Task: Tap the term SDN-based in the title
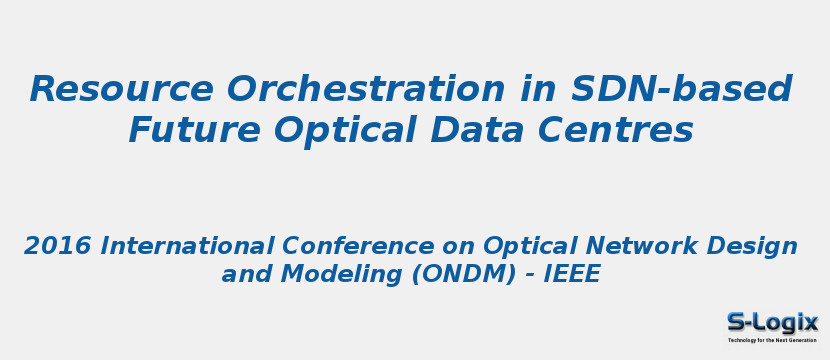682,90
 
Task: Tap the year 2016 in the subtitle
58,246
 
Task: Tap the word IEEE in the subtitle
571,275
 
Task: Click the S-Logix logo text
772,322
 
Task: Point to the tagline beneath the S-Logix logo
772,340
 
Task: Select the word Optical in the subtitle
530,246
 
